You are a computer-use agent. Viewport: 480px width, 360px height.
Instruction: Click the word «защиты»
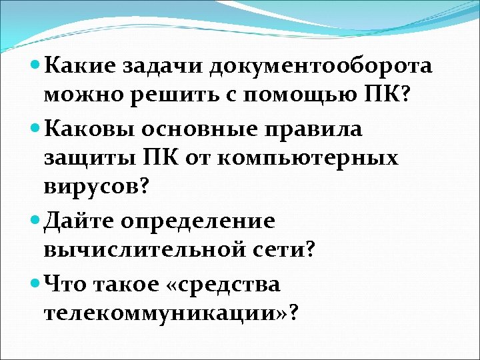coord(89,159)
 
